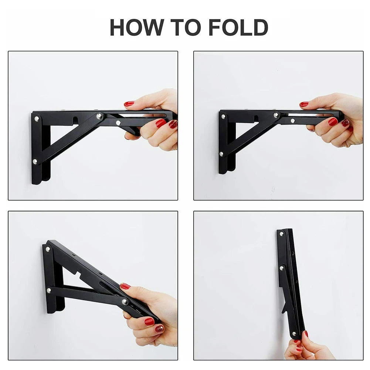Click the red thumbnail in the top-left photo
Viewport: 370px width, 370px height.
click(x=129, y=104)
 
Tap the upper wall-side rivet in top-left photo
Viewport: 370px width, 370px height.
click(x=36, y=119)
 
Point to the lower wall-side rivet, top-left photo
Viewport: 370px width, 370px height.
click(x=35, y=162)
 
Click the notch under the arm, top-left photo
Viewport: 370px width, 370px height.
click(x=75, y=120)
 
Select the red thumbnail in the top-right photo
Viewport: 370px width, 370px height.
click(x=304, y=104)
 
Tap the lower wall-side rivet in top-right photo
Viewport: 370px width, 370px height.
click(x=221, y=154)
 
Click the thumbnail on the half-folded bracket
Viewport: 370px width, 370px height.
click(x=125, y=286)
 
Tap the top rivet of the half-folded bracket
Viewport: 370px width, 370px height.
click(x=47, y=249)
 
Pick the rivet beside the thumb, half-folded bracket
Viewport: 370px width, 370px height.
click(x=125, y=302)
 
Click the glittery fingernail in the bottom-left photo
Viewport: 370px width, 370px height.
click(x=159, y=328)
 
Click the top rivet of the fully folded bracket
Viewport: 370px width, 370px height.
click(x=281, y=234)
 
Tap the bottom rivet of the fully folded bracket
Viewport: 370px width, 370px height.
click(x=294, y=334)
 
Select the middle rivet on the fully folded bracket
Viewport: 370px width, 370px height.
click(x=282, y=268)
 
